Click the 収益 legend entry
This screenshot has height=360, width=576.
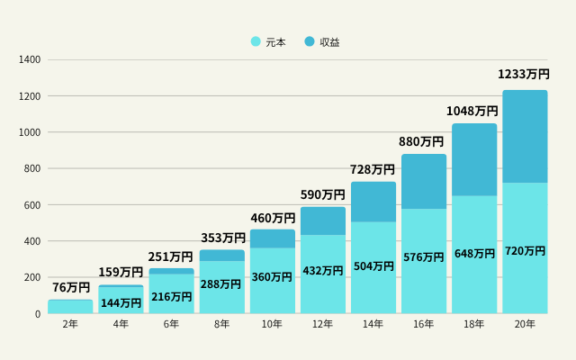click(322, 41)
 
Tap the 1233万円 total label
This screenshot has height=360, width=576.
click(524, 75)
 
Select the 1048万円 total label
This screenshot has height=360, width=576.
click(472, 111)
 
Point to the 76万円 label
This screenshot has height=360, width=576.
click(71, 288)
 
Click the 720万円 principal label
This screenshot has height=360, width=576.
click(525, 250)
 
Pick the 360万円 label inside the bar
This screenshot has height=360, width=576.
click(272, 277)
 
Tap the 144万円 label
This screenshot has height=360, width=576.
click(121, 303)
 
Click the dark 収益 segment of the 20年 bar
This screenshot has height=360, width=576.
click(525, 136)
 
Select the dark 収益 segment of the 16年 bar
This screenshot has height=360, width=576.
click(424, 182)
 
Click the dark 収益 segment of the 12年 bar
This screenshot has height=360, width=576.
click(323, 221)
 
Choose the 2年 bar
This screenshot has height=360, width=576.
click(70, 306)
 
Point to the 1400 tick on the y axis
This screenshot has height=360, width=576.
click(30, 60)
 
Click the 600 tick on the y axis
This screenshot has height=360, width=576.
click(32, 205)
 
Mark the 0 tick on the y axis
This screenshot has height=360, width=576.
click(38, 314)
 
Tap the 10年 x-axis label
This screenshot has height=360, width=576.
click(273, 324)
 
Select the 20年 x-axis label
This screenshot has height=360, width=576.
click(525, 324)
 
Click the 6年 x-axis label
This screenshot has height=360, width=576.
click(172, 324)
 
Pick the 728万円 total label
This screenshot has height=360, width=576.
click(373, 169)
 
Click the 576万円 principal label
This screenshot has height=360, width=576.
click(423, 257)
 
